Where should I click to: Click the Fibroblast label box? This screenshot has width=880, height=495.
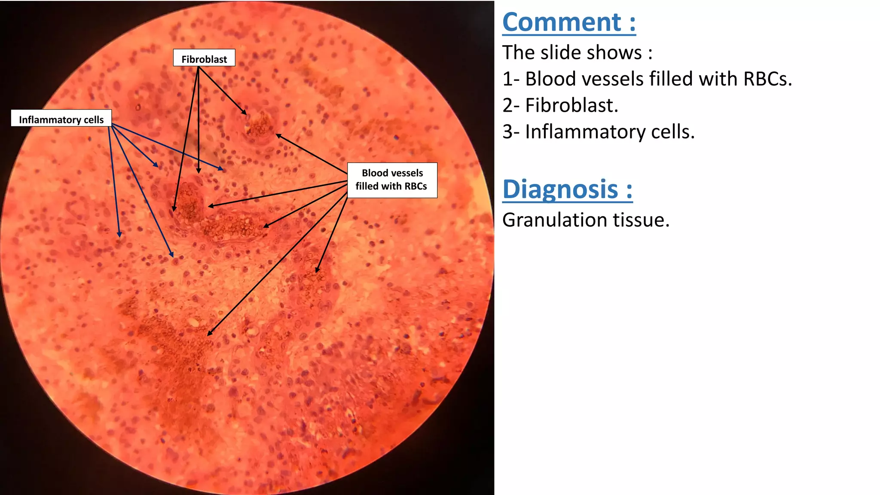(204, 58)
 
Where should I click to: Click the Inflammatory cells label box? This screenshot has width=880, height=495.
(61, 119)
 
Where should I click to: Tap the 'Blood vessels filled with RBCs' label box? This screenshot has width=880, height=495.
(392, 180)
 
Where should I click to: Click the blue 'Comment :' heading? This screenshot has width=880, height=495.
(568, 22)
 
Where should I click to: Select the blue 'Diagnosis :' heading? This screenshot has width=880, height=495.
(567, 189)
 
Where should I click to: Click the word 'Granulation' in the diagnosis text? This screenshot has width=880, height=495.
(554, 220)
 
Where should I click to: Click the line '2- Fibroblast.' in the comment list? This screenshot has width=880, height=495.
(560, 105)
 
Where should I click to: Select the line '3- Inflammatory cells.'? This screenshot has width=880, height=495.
(598, 132)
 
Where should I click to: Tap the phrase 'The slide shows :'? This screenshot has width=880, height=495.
(577, 53)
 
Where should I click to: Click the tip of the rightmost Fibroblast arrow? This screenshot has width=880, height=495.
(246, 114)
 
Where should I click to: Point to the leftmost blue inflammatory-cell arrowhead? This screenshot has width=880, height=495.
(119, 236)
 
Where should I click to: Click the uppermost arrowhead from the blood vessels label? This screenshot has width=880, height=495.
(277, 134)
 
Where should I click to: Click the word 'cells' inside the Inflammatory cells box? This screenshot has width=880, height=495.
(94, 119)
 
